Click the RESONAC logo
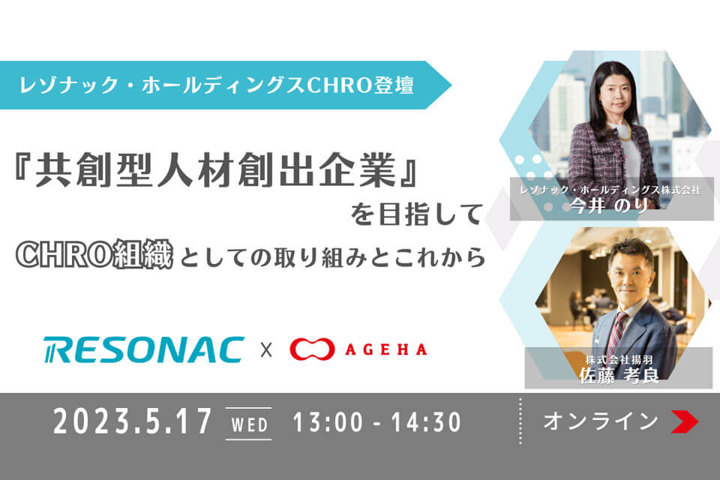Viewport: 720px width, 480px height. click(144, 350)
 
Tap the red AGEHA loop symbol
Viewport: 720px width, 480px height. click(312, 350)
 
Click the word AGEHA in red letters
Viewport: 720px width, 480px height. click(386, 350)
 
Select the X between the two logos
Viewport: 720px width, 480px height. click(266, 350)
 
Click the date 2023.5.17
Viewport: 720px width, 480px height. click(132, 421)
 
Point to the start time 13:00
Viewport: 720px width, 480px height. click(328, 422)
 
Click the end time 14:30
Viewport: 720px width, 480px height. click(426, 422)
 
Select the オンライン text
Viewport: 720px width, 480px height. click(601, 421)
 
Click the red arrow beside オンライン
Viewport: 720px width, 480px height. click(685, 421)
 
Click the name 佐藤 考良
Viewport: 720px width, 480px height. click(619, 376)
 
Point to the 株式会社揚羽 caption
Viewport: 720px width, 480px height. click(619, 360)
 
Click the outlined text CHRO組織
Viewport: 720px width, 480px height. click(94, 254)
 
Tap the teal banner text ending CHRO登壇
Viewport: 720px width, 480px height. click(216, 85)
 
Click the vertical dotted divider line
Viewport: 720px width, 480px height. click(520, 421)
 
